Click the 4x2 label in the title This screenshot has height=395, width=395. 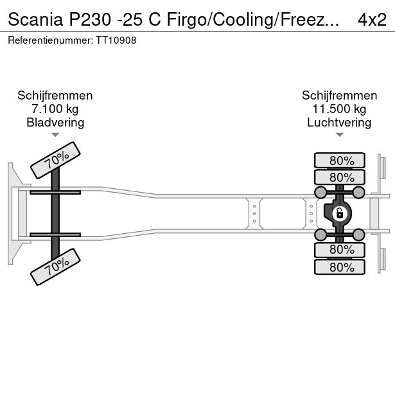coord(372,19)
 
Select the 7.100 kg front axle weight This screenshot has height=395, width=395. coord(55,109)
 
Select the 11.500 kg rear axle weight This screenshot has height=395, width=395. coord(339,109)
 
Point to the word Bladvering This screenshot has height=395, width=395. coord(55,123)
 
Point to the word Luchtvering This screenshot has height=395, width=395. coord(339,123)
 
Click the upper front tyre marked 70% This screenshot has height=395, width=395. coord(56,160)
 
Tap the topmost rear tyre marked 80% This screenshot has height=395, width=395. coord(340,161)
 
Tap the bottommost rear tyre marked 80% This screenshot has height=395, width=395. coord(340,267)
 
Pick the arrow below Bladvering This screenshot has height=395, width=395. coord(55,135)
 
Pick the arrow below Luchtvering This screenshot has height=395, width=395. coord(339,135)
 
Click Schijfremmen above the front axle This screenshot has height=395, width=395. coord(55,96)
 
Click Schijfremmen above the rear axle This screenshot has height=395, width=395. coord(339,96)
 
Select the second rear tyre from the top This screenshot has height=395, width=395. coord(340,177)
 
